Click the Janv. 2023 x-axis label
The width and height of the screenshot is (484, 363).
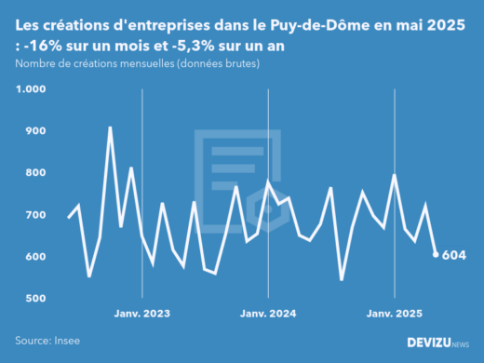[x=141, y=315]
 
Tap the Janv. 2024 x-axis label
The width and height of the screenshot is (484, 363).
[x=268, y=315]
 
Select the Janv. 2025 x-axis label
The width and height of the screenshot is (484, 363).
[x=395, y=315]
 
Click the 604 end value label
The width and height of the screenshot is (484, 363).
[x=453, y=255]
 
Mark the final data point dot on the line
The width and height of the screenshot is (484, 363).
[x=436, y=254]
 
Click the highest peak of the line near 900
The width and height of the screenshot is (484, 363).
[x=110, y=128]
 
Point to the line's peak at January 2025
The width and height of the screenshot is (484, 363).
[x=394, y=175]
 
